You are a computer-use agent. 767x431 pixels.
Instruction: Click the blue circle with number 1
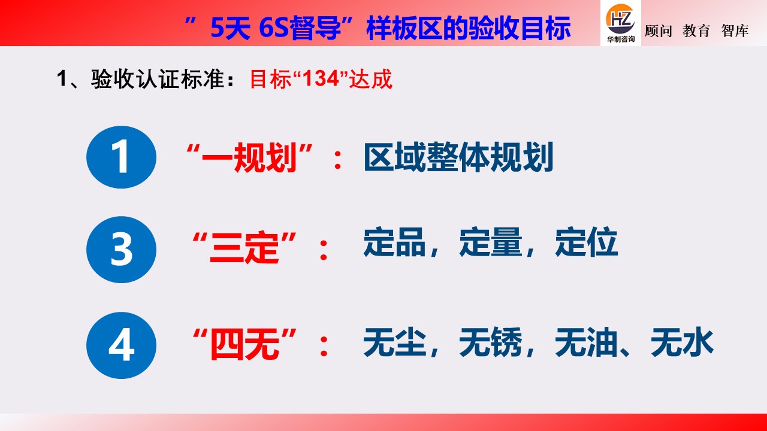pyautogui.click(x=121, y=157)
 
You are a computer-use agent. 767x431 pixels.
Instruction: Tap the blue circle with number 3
pyautogui.click(x=121, y=250)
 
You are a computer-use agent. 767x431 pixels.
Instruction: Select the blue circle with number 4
pyautogui.click(x=121, y=345)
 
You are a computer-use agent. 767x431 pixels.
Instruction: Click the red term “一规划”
pyautogui.click(x=250, y=159)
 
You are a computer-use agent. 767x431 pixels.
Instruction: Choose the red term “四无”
pyautogui.click(x=245, y=345)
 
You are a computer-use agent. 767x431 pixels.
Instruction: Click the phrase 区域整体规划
pyautogui.click(x=458, y=159)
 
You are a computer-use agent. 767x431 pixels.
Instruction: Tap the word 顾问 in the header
pyautogui.click(x=659, y=31)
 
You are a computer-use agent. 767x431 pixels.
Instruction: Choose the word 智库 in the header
pyautogui.click(x=735, y=31)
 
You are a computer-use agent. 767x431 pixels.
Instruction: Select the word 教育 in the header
pyautogui.click(x=696, y=31)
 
